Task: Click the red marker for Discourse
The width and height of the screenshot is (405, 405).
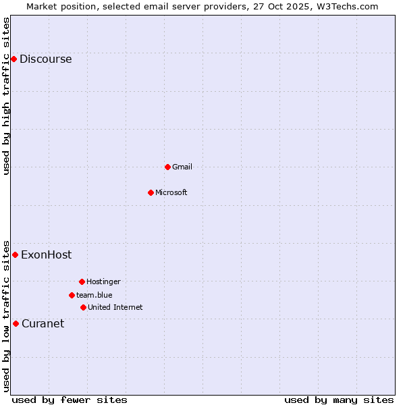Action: (13, 59)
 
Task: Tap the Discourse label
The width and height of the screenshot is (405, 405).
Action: (45, 59)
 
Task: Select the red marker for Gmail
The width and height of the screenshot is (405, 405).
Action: (167, 167)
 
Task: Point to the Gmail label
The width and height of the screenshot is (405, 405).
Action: (182, 167)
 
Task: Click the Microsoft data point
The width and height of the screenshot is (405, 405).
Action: (151, 192)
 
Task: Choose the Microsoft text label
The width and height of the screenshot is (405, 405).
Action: (171, 192)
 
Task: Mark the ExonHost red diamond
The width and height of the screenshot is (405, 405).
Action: (15, 254)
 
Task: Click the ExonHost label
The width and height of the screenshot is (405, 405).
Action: (46, 254)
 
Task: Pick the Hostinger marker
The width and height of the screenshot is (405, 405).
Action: (82, 281)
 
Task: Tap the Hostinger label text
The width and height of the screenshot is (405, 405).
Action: (103, 281)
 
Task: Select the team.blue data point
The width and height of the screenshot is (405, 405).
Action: (72, 295)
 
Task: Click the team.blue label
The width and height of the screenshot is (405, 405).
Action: (94, 295)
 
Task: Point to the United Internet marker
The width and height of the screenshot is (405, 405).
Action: (83, 307)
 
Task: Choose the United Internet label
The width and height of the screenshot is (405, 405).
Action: (115, 307)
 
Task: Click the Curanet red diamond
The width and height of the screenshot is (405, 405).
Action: (16, 323)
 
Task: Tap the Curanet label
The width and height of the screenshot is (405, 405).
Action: (43, 323)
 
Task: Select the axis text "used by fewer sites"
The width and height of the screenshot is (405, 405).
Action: (70, 400)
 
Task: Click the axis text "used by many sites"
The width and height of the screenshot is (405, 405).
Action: (339, 400)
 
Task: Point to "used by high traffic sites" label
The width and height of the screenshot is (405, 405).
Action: (6, 96)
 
